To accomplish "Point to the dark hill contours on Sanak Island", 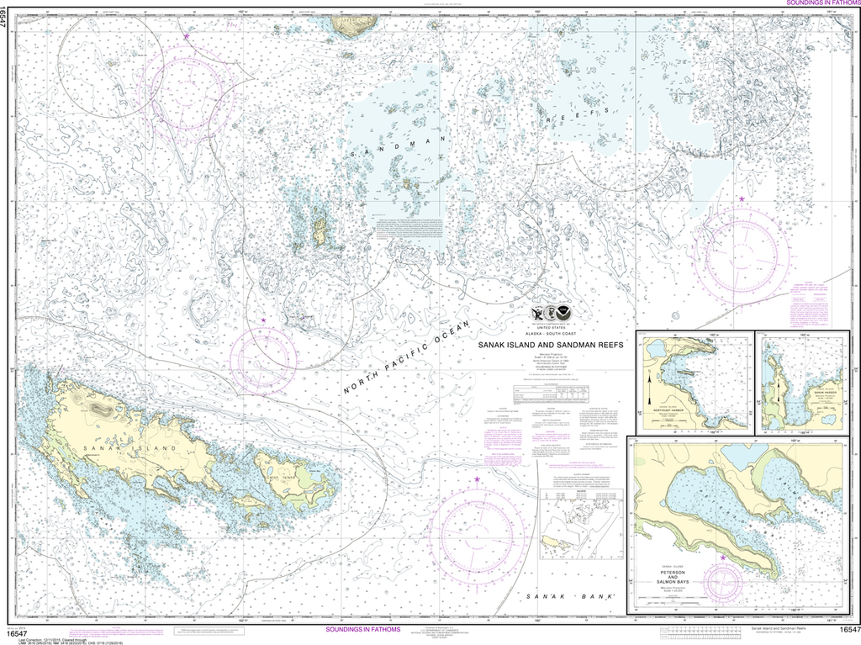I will pos(98,410).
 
